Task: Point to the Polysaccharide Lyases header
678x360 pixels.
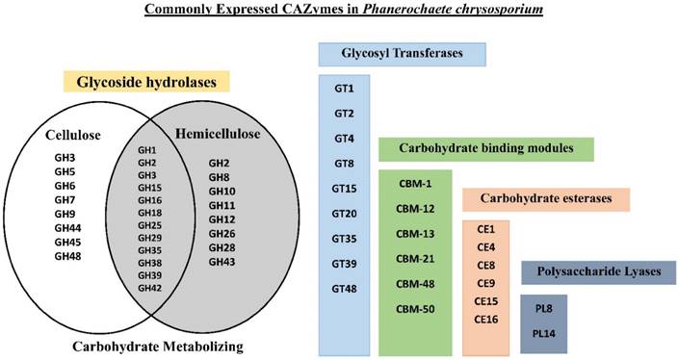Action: [x=597, y=271]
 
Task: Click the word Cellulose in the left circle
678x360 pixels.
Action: [x=76, y=136]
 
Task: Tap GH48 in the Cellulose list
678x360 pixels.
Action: [x=66, y=257]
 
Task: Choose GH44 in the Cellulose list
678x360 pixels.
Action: [x=66, y=228]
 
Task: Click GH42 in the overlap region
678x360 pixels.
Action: [x=148, y=288]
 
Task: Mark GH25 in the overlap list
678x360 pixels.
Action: [x=148, y=224]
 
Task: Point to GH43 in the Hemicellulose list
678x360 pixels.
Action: [x=222, y=261]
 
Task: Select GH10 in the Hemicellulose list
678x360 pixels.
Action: [x=222, y=191]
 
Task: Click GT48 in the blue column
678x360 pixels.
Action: [x=345, y=288]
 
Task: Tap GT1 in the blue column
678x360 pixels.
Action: [x=345, y=89]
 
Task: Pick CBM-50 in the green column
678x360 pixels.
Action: [x=415, y=307]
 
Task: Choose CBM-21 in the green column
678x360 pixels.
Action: [x=415, y=258]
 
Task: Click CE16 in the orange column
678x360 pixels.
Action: [x=485, y=319]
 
